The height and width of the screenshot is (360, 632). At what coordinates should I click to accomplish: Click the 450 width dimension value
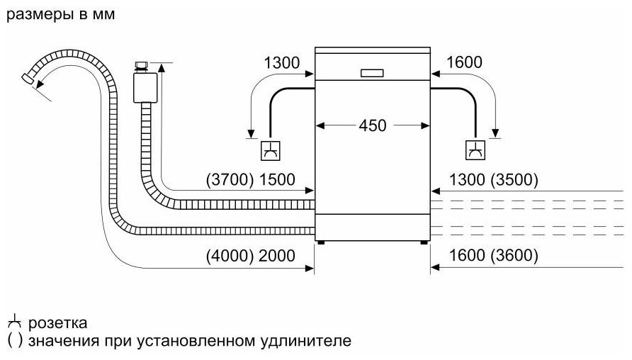click(x=372, y=125)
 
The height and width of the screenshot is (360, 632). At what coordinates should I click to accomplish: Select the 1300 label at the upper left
click(x=281, y=62)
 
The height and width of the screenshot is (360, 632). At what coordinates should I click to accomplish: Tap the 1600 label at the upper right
click(x=464, y=62)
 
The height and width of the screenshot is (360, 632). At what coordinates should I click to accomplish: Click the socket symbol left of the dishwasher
click(x=270, y=150)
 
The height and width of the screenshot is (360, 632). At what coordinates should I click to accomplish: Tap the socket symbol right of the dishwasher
click(x=475, y=150)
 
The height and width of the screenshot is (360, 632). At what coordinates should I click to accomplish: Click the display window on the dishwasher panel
click(x=372, y=72)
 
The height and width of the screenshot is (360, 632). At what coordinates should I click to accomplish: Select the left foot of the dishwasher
click(x=322, y=242)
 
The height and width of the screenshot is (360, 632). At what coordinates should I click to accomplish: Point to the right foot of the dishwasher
click(x=423, y=242)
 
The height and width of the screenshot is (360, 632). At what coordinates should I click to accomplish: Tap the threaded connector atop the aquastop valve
click(x=142, y=65)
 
